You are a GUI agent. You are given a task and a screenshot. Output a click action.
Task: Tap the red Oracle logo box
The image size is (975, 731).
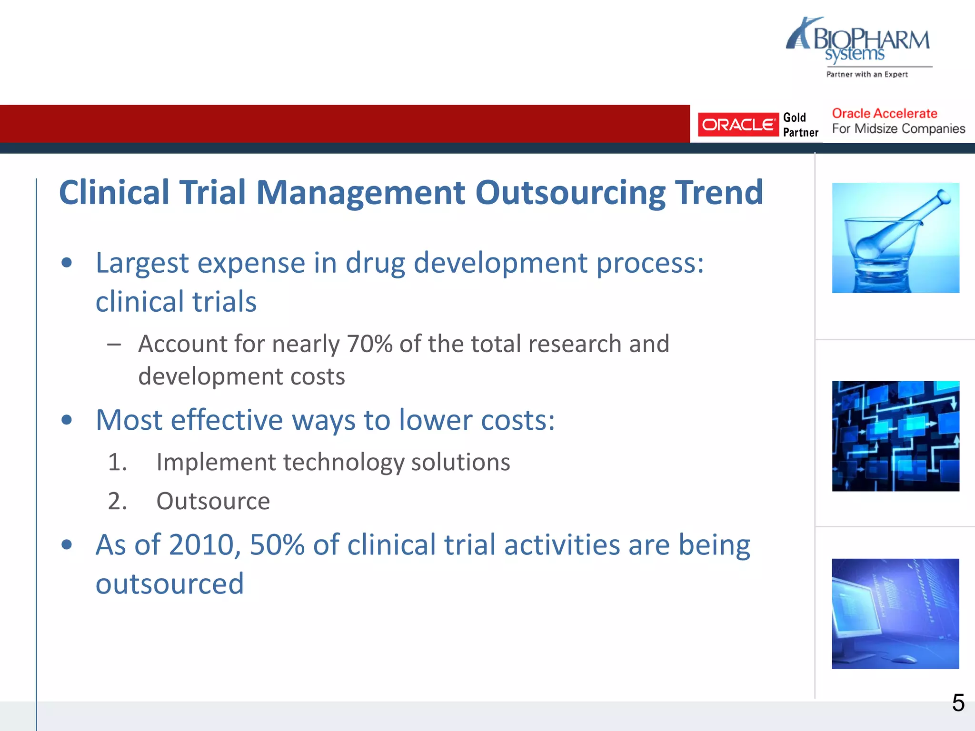pyautogui.click(x=737, y=125)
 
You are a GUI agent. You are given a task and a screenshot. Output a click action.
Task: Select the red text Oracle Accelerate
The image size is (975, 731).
pyautogui.click(x=884, y=114)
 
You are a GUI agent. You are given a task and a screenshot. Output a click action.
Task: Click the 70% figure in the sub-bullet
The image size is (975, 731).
pyautogui.click(x=369, y=344)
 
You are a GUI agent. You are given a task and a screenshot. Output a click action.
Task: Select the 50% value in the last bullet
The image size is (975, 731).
pyautogui.click(x=277, y=545)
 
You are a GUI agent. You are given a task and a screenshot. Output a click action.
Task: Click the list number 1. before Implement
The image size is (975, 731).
pyautogui.click(x=117, y=462)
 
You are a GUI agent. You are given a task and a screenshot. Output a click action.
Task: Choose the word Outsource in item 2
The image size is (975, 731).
pyautogui.click(x=213, y=501)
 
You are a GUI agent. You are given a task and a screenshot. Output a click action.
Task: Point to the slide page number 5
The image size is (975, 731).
pyautogui.click(x=958, y=703)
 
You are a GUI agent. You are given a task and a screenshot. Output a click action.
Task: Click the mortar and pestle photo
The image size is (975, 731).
pyautogui.click(x=895, y=237)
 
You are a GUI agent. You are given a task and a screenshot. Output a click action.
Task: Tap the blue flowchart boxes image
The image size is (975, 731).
pyautogui.click(x=895, y=436)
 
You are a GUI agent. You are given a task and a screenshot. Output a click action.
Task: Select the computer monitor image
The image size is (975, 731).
pyautogui.click(x=895, y=613)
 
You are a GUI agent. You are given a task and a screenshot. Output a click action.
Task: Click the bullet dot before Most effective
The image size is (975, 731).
pyautogui.click(x=67, y=420)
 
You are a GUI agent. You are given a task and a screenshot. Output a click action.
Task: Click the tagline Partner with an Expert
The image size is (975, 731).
pyautogui.click(x=866, y=74)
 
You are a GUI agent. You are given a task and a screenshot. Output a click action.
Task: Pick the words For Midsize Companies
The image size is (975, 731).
pyautogui.click(x=898, y=129)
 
